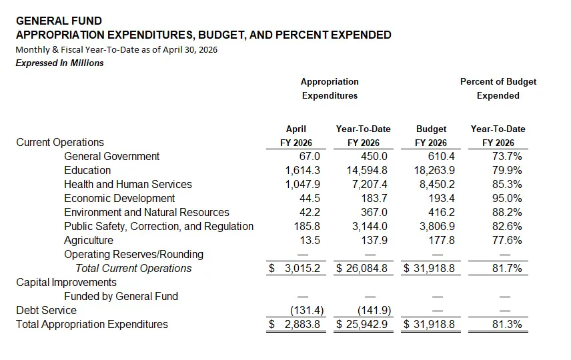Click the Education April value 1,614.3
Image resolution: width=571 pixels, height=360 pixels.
pyautogui.click(x=302, y=171)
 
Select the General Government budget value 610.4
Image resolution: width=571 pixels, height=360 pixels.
pyautogui.click(x=441, y=157)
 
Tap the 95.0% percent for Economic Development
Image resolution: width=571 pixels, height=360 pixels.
pyautogui.click(x=507, y=199)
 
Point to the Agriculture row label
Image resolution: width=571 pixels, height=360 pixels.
pyautogui.click(x=89, y=241)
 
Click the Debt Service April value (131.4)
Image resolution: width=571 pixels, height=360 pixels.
pyautogui.click(x=307, y=311)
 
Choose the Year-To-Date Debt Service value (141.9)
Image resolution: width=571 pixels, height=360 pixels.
pyautogui.click(x=374, y=311)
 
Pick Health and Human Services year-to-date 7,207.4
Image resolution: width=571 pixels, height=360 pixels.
pyautogui.click(x=370, y=185)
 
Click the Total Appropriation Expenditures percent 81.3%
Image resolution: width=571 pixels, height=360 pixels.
pyautogui.click(x=507, y=324)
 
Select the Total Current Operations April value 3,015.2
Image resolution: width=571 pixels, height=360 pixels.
pyautogui.click(x=302, y=269)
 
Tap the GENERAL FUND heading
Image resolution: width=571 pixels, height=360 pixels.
pyautogui.click(x=59, y=21)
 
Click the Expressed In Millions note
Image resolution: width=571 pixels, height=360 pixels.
pyautogui.click(x=60, y=63)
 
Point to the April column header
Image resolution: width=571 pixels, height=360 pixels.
pyautogui.click(x=296, y=129)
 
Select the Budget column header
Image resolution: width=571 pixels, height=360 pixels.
pyautogui.click(x=431, y=129)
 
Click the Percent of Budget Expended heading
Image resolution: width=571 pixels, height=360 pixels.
pyautogui.click(x=498, y=89)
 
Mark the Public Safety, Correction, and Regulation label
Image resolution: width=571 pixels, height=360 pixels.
pyautogui.click(x=159, y=227)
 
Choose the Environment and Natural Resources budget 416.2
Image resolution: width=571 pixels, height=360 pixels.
pyautogui.click(x=441, y=213)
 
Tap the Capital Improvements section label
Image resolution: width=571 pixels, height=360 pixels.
pyautogui.click(x=66, y=283)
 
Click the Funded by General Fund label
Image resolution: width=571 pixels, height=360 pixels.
pyautogui.click(x=121, y=297)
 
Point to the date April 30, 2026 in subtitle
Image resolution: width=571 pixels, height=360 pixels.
pyautogui.click(x=190, y=50)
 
